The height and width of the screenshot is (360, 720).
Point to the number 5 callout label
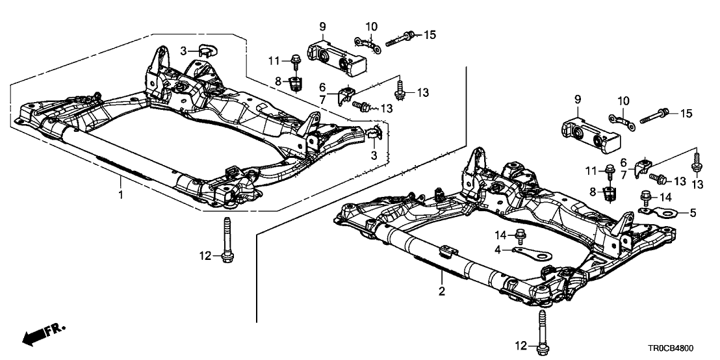tap(692, 212)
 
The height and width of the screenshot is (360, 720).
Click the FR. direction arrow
tap(43, 335)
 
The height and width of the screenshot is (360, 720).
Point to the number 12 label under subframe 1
tap(205, 256)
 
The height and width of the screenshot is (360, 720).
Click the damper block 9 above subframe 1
tap(337, 53)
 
